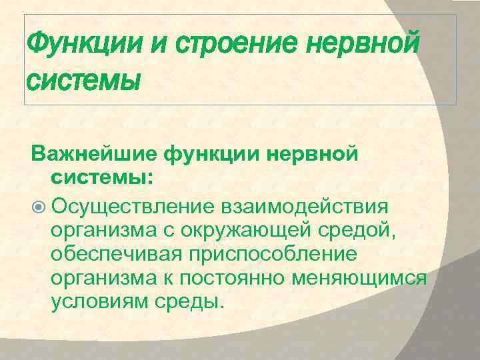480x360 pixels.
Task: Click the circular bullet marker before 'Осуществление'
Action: click(x=38, y=205)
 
